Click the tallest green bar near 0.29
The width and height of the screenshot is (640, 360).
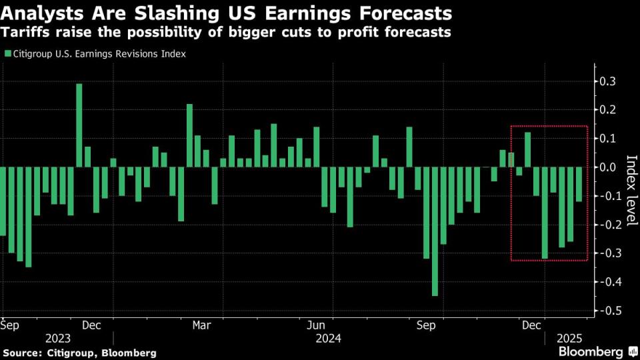79,125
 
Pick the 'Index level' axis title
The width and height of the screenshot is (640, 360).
631,190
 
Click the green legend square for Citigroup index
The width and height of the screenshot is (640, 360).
7,54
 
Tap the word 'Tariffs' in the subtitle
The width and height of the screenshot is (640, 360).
26,33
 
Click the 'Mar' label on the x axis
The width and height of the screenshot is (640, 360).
201,325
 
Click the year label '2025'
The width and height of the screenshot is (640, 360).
572,339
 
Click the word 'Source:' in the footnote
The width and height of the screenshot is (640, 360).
23,352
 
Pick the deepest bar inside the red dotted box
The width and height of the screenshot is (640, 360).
545,213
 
